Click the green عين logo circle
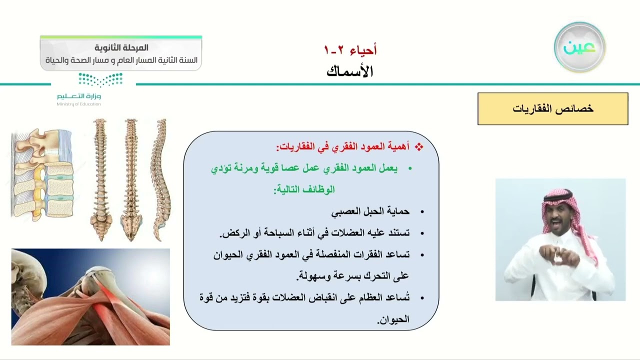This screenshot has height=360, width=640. click(579, 47)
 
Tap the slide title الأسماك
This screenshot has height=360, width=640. click(350, 71)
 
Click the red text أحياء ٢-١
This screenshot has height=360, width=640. click(350, 50)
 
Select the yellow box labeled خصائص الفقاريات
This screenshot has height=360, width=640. click(552, 108)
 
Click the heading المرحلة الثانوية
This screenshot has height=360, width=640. click(121, 48)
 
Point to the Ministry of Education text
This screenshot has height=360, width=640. click(78, 104)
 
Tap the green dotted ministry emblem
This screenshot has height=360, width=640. click(100, 79)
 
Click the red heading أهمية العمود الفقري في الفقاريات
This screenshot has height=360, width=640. click(342, 147)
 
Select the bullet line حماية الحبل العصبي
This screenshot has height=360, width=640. click(370, 211)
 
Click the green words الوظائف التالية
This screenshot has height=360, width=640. click(303, 190)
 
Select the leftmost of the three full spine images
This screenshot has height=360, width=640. click(100, 180)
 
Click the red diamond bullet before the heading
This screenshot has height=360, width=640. click(419, 147)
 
